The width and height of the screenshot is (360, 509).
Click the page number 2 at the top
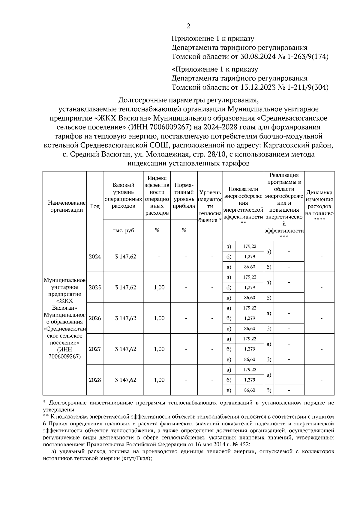(188, 26)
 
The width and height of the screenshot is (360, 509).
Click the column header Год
(95, 207)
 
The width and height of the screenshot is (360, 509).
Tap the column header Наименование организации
(65, 207)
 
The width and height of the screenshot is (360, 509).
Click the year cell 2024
(95, 257)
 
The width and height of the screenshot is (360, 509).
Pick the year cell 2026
(95, 318)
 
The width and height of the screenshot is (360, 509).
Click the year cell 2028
(95, 380)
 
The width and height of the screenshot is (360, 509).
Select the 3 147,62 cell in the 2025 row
(125, 287)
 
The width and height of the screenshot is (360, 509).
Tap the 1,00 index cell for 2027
(159, 349)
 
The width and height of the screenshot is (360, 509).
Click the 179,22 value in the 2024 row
(250, 246)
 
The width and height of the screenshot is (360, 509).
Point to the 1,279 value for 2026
(250, 318)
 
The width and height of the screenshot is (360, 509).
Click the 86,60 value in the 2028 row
(250, 390)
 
